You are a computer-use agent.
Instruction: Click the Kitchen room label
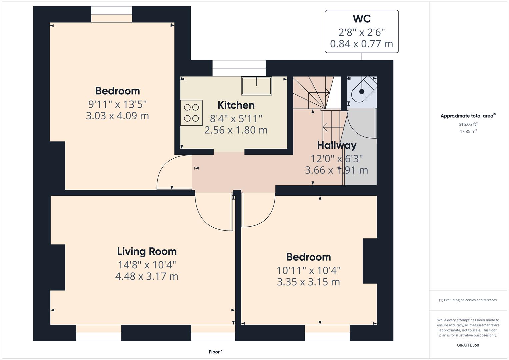coord(236,105)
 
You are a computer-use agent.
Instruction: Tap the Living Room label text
coord(147,251)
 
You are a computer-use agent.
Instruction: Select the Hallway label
coord(337,145)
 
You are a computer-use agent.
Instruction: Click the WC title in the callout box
coord(362,19)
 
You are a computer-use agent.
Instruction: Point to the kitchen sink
coord(256,86)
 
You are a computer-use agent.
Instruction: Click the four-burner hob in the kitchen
coord(191,113)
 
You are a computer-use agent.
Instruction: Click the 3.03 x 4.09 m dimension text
coord(117,116)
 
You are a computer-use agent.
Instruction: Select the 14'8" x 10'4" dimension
coord(147,265)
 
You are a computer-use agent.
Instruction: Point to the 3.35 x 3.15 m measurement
coord(308,282)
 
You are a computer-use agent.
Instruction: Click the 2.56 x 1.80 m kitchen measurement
coord(236,130)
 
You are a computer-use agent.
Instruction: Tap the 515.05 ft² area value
coord(468,124)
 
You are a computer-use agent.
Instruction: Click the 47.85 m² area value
coord(468,131)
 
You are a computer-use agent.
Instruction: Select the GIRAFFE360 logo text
coord(468,345)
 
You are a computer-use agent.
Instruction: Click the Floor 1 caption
coord(216,352)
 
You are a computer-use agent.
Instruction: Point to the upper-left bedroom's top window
coord(112,14)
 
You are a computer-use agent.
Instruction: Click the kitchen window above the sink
coord(239,68)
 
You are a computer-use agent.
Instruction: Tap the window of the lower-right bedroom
coord(327,333)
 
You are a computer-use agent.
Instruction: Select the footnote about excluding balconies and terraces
coord(468,300)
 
